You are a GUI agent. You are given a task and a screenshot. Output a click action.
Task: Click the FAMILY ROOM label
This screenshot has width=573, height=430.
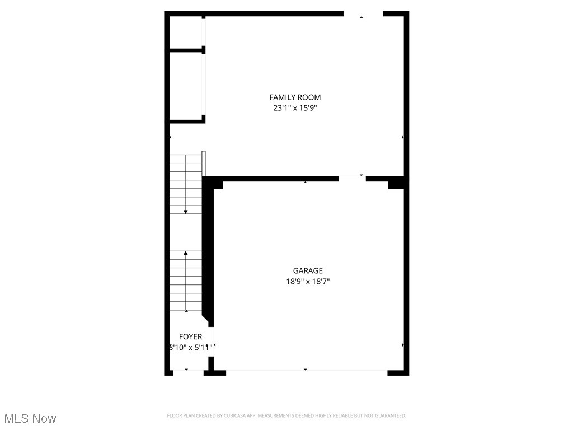pyautogui.click(x=295, y=97)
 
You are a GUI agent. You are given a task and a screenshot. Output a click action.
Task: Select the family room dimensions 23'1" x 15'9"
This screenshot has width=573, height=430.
pyautogui.click(x=295, y=108)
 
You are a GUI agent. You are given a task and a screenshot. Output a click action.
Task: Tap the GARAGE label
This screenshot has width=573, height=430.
pyautogui.click(x=308, y=271)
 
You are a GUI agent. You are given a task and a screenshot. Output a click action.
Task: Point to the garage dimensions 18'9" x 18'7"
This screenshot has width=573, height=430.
pyautogui.click(x=308, y=282)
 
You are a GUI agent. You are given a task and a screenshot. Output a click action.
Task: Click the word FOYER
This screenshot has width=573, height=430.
pyautogui.click(x=190, y=336)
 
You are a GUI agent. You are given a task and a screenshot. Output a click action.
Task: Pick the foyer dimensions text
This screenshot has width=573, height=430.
pyautogui.click(x=190, y=347)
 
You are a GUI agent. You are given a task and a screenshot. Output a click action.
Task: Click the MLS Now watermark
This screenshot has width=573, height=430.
pyautogui.click(x=30, y=418)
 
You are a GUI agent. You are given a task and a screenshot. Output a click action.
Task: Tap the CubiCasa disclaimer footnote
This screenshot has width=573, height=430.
pyautogui.click(x=286, y=415)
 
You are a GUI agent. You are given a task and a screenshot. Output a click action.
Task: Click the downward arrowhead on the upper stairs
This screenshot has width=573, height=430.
pyautogui.click(x=186, y=212)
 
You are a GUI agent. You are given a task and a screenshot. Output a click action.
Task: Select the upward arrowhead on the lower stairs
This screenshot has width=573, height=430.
pyautogui.click(x=186, y=253)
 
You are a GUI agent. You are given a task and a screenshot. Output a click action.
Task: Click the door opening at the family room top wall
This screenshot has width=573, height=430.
pyautogui.click(x=363, y=14)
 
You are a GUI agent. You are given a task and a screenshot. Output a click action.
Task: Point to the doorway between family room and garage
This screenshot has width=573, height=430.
pyautogui.click(x=352, y=178)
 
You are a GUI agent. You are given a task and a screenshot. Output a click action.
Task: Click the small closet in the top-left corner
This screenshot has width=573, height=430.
pyautogui.click(x=186, y=32)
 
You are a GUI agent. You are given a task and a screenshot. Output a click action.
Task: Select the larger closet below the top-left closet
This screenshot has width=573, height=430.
pyautogui.click(x=186, y=86)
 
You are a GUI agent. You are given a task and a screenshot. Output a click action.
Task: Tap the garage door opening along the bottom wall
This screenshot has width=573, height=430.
pyautogui.click(x=306, y=370)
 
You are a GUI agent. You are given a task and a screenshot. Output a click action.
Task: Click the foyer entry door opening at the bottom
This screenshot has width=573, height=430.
pyautogui.click(x=187, y=370)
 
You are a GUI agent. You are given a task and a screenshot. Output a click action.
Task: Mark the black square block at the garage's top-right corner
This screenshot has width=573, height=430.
pyautogui.click(x=396, y=183)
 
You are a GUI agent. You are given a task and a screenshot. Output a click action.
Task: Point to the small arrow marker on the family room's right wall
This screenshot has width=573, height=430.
pyautogui.click(x=403, y=137)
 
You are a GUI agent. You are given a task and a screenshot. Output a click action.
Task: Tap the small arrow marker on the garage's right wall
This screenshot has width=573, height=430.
pyautogui.click(x=403, y=345)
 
